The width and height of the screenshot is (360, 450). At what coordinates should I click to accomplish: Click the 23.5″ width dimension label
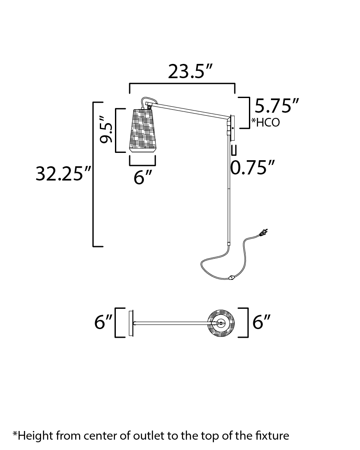click(x=190, y=71)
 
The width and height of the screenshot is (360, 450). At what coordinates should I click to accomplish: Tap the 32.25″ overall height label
click(x=63, y=174)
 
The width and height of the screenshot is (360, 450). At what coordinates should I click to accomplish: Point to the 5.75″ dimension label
click(x=277, y=106)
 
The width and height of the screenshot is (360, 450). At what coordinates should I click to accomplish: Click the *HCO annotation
click(x=265, y=122)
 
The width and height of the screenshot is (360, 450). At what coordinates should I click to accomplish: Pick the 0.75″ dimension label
click(x=252, y=167)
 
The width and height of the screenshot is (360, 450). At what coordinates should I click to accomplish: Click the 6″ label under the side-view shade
click(x=143, y=177)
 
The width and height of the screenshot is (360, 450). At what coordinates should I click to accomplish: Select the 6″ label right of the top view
click(x=261, y=322)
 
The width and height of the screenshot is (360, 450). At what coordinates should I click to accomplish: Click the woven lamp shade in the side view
click(x=143, y=130)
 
